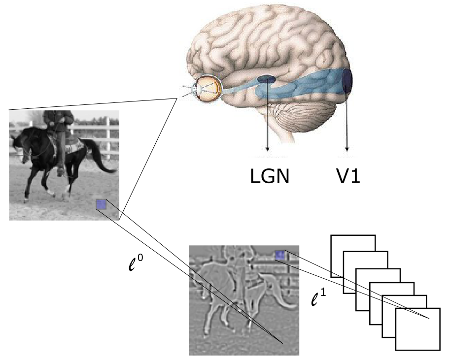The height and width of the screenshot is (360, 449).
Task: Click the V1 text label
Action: pyautogui.click(x=346, y=175)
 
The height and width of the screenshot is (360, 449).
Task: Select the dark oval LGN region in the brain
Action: pyautogui.click(x=267, y=79)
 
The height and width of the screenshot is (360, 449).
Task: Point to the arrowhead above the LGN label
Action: pyautogui.click(x=267, y=148)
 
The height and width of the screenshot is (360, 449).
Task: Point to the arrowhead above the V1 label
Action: pyautogui.click(x=347, y=148)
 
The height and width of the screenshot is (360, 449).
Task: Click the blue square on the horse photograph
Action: pyautogui.click(x=101, y=204)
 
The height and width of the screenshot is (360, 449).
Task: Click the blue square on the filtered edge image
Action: pyautogui.click(x=280, y=255)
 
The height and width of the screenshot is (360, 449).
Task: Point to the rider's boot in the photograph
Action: pyautogui.click(x=60, y=170)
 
